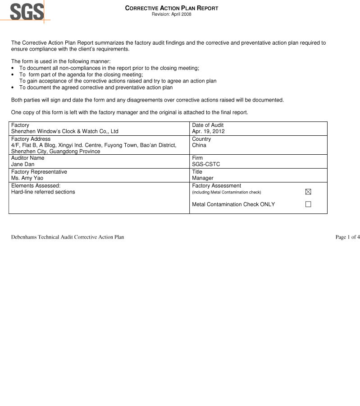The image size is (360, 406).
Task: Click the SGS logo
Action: click(27, 11)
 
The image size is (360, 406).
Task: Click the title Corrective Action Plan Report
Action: click(171, 8)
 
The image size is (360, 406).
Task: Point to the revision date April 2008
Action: click(171, 14)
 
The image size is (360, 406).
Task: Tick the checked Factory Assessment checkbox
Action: click(308, 192)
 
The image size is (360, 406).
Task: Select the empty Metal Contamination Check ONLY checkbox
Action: click(308, 204)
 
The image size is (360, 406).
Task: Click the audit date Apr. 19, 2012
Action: click(208, 132)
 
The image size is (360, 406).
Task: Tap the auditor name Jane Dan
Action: click(23, 165)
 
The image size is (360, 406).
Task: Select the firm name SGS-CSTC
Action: click(206, 165)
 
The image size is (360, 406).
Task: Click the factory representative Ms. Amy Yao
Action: click(27, 178)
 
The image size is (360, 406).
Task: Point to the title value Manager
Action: click(203, 178)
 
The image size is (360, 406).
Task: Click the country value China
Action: click(199, 145)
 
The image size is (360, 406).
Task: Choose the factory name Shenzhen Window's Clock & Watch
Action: click(64, 132)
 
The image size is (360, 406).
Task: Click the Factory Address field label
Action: click(31, 139)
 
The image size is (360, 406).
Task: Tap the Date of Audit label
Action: click(208, 125)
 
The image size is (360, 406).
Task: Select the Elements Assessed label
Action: click(36, 185)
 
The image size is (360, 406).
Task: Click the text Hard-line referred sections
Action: click(43, 192)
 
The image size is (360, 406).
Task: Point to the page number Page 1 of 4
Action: click(347, 237)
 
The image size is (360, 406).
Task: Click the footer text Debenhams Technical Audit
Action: click(68, 237)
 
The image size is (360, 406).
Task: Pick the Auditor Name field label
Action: click(27, 158)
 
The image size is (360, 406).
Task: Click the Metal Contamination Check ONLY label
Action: click(233, 204)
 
